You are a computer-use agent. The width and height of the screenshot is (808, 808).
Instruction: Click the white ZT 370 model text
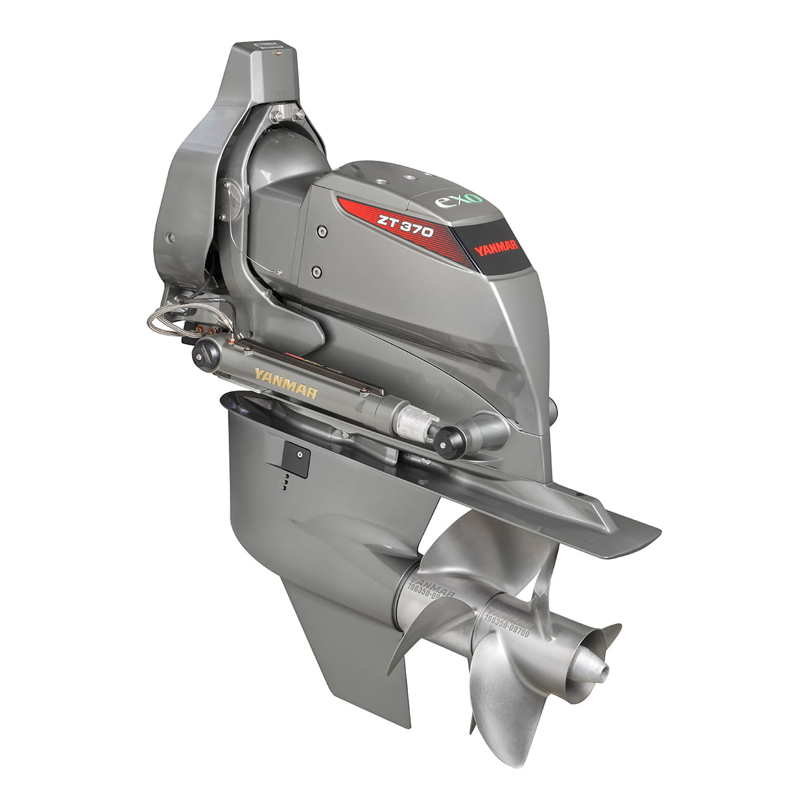(405, 226)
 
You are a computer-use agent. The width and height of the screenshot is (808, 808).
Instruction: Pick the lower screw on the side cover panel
(316, 272)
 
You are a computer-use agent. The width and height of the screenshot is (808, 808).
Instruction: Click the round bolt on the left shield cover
(170, 238)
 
